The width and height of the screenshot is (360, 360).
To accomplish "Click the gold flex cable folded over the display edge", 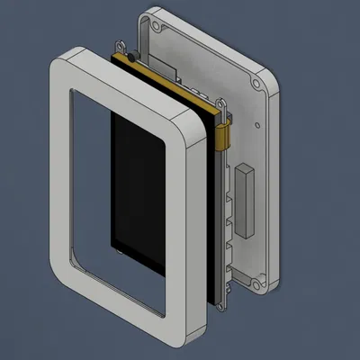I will (x=225, y=137).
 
